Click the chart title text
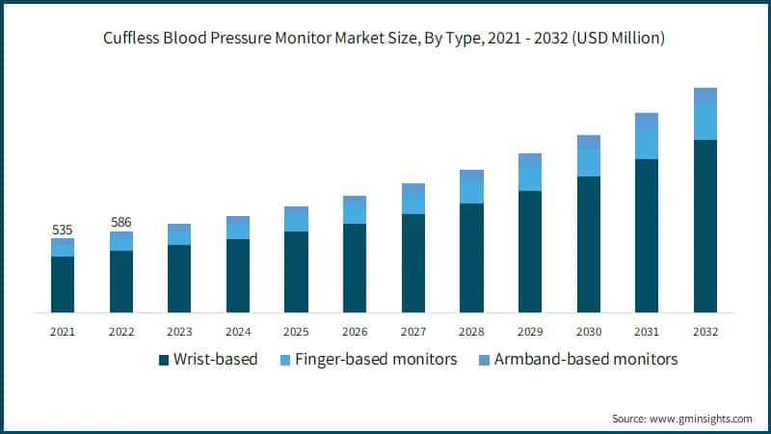click(x=385, y=39)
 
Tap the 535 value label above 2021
click(x=63, y=230)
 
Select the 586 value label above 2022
click(x=121, y=222)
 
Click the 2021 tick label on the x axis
click(x=63, y=331)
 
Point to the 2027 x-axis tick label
click(x=413, y=331)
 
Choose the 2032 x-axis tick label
click(x=705, y=331)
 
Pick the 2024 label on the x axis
click(x=238, y=331)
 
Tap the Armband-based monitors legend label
click(x=586, y=360)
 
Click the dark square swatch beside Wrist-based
click(x=164, y=361)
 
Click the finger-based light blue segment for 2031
click(x=647, y=144)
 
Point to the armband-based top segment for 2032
click(x=705, y=96)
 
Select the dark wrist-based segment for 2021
click(x=63, y=285)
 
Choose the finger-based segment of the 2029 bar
click(x=530, y=178)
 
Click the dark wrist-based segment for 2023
click(x=179, y=279)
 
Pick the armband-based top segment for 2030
click(x=589, y=142)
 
